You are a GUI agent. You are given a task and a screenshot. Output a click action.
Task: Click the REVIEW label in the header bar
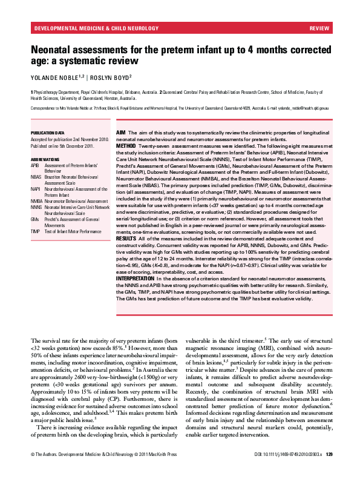[319, 28]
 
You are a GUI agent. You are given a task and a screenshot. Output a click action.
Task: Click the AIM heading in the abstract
[120, 132]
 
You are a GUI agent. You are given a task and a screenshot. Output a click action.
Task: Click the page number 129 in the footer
[329, 471]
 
